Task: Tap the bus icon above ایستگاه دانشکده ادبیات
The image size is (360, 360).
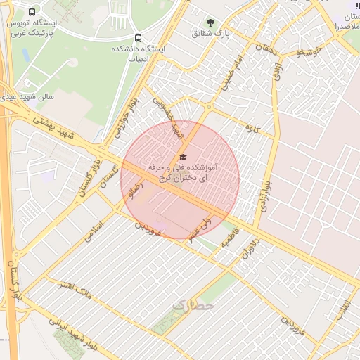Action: click(x=138, y=38)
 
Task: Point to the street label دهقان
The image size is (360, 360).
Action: click(x=267, y=49)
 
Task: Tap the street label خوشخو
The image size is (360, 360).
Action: click(x=309, y=51)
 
